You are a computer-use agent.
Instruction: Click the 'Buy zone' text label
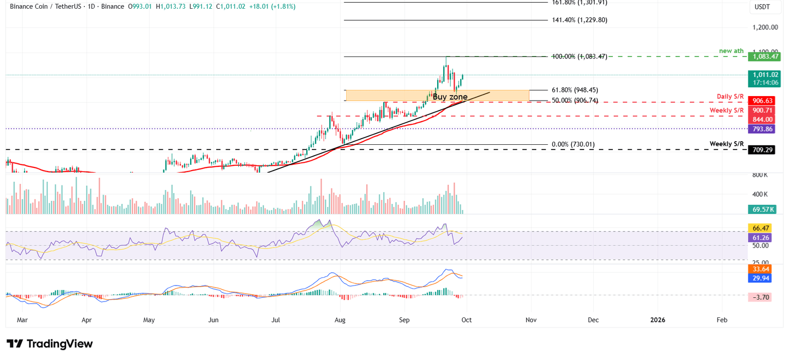tap(450, 97)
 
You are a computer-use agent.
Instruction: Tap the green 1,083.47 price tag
tap(762, 56)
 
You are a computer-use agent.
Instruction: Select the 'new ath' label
tap(731, 50)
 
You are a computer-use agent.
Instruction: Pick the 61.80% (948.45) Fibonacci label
tap(574, 90)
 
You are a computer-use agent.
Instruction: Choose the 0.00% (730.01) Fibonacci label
tap(573, 144)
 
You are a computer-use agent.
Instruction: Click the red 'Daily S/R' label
tap(730, 97)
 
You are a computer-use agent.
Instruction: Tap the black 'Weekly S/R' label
tap(727, 143)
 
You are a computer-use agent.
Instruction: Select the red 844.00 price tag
tap(762, 119)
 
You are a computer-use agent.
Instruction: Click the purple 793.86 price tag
tap(762, 128)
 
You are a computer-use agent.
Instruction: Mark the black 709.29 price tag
tap(762, 150)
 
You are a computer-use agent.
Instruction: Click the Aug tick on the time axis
tap(340, 320)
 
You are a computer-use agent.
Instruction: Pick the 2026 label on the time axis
tap(657, 320)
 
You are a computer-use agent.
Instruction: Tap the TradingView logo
tap(50, 344)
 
